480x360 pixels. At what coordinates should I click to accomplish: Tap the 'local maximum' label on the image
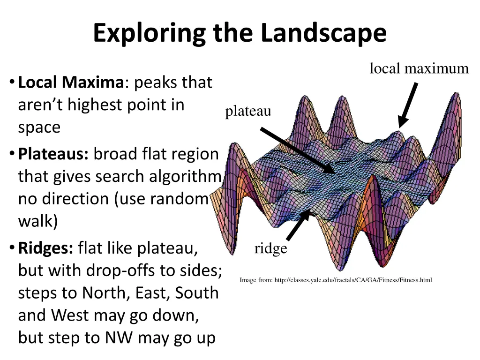coord(419,69)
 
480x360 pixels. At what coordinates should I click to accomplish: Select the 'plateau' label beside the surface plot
coord(248,112)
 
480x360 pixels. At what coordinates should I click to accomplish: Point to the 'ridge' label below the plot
coord(270,248)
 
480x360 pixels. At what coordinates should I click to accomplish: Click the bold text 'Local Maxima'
coord(70,83)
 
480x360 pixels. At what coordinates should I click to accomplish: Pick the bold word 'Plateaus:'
coord(53,154)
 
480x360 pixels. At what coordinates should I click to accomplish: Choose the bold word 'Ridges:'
coord(45,248)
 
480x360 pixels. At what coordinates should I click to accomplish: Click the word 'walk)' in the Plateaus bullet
coord(38,221)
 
